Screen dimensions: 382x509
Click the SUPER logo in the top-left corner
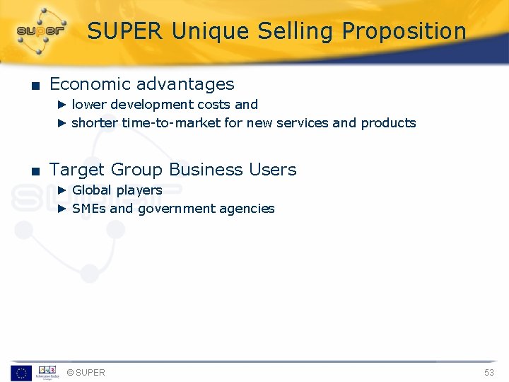41,30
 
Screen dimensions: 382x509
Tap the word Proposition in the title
404,31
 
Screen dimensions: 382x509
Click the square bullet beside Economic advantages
34,86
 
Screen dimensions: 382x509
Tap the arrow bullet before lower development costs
62,105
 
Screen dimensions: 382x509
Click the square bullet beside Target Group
34,171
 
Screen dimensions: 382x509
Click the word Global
92,190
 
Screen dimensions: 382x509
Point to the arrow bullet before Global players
62,190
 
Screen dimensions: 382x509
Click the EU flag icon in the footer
21,373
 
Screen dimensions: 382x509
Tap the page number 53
489,373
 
